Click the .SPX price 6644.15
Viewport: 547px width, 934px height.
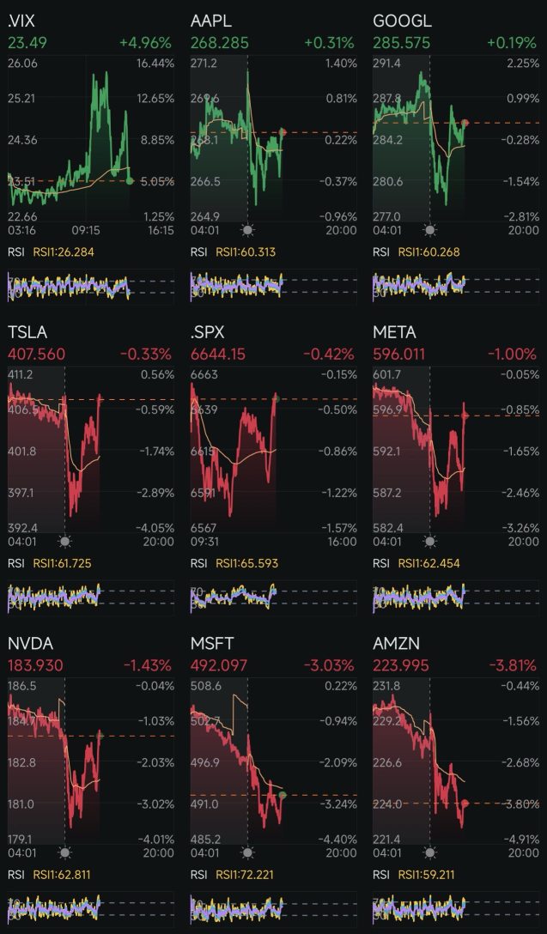pyautogui.click(x=219, y=354)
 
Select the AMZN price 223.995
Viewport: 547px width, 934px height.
pyautogui.click(x=401, y=665)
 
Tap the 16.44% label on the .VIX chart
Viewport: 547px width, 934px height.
pyautogui.click(x=155, y=64)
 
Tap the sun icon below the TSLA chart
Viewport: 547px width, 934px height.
pyautogui.click(x=65, y=542)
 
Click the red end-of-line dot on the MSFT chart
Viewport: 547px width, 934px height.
pyautogui.click(x=283, y=795)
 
